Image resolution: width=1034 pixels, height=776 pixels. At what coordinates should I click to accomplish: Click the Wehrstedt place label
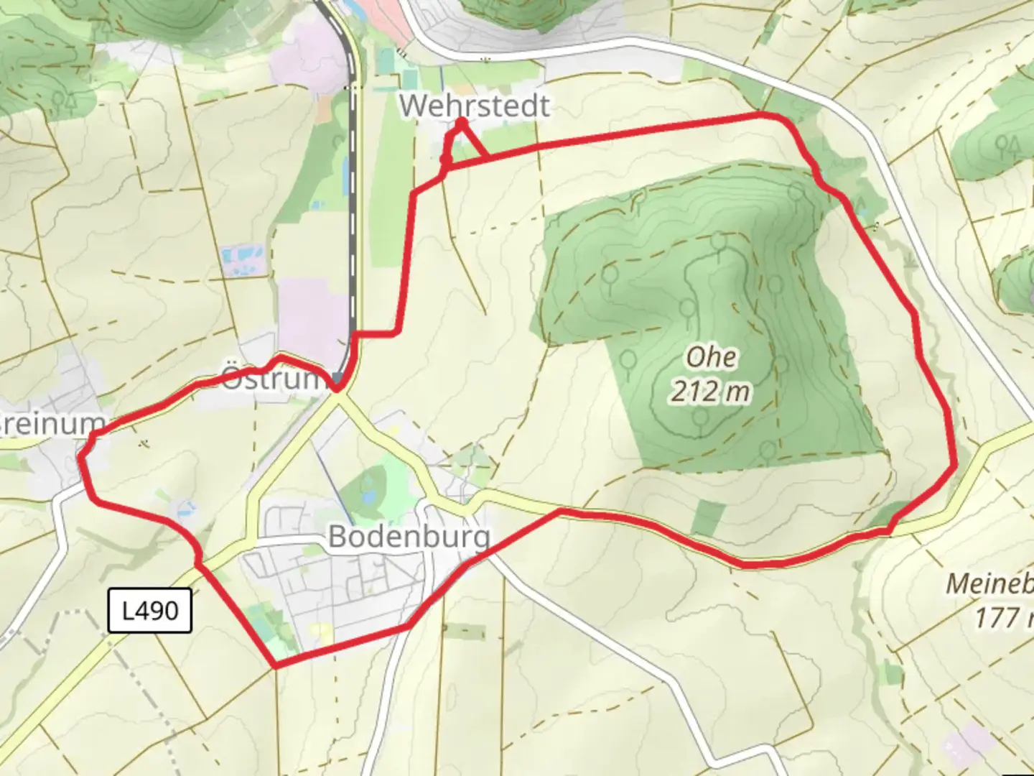pos(475,106)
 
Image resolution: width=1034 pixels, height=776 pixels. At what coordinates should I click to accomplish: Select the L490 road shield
pos(150,611)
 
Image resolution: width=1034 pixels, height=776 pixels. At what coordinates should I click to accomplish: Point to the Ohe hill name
pos(711,356)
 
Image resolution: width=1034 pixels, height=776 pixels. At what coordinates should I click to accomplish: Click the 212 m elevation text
pos(711,391)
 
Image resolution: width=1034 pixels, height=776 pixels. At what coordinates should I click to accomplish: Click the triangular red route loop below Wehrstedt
pos(462,144)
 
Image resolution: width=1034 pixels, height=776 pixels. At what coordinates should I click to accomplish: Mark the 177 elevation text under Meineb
pos(1002,616)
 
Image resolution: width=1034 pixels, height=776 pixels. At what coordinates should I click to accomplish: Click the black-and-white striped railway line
pos(353,216)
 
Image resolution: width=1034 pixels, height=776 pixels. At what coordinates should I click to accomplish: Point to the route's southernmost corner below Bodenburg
pos(276,665)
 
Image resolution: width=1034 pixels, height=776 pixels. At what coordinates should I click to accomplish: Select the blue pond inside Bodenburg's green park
pos(368,496)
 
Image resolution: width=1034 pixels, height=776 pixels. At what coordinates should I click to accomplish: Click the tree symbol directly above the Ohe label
pos(687,309)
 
